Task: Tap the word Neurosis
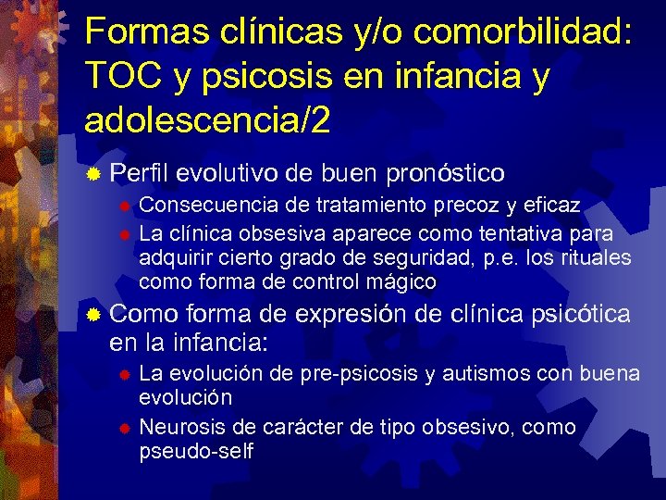tap(179, 427)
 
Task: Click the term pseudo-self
tap(195, 451)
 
